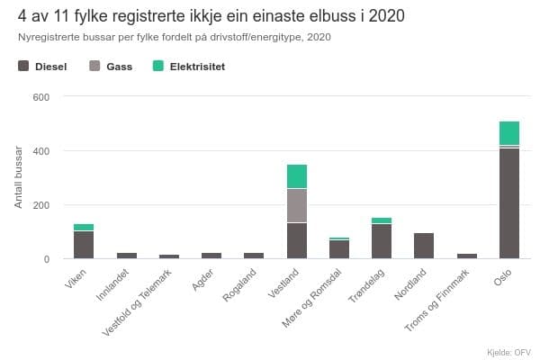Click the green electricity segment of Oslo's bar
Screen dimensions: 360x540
[x=508, y=132]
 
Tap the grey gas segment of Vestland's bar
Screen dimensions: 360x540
[x=296, y=205]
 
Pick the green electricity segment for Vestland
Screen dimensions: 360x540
[x=296, y=176]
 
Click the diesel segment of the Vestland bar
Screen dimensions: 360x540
[x=296, y=240]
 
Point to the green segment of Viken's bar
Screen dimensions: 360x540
[x=84, y=227]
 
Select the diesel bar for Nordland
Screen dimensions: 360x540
[x=424, y=246]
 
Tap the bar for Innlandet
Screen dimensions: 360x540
[x=126, y=256]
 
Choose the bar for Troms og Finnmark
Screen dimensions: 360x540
[x=466, y=256]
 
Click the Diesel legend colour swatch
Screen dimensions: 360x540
[x=24, y=67]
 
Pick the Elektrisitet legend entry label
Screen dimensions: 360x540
[x=197, y=67]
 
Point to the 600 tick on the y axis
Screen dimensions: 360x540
[x=40, y=96]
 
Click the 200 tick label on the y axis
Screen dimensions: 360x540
[x=40, y=205]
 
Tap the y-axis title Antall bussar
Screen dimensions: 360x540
[x=19, y=177]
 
